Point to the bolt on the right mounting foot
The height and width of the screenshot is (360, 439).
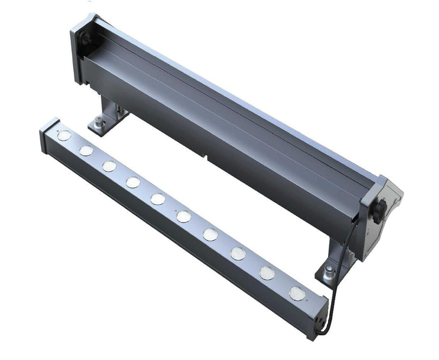pos(329,267)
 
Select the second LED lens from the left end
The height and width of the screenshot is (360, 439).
pos(85,150)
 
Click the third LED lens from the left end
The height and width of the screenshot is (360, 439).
pos(109,166)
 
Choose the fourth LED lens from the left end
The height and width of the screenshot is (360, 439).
pos(133,182)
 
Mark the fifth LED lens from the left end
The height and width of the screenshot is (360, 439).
pos(157,199)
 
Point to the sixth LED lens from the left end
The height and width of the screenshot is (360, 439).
pos(183,216)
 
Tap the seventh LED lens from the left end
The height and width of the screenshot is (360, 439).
pos(210,234)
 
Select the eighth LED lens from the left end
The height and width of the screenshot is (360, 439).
pos(238,252)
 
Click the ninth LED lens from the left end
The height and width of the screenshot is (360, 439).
pos(266,272)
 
